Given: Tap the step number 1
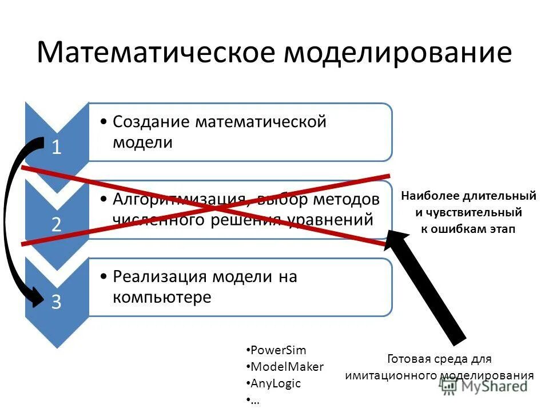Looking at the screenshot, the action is tap(57, 148).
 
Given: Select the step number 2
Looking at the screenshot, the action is tap(57, 224).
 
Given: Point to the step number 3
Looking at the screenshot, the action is tap(57, 302).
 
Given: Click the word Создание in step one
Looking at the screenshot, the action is tap(151, 122).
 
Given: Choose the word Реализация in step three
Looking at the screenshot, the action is tap(160, 277).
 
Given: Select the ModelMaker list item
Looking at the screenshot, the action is tap(287, 367).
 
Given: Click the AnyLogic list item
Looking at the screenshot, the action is tap(276, 383).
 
